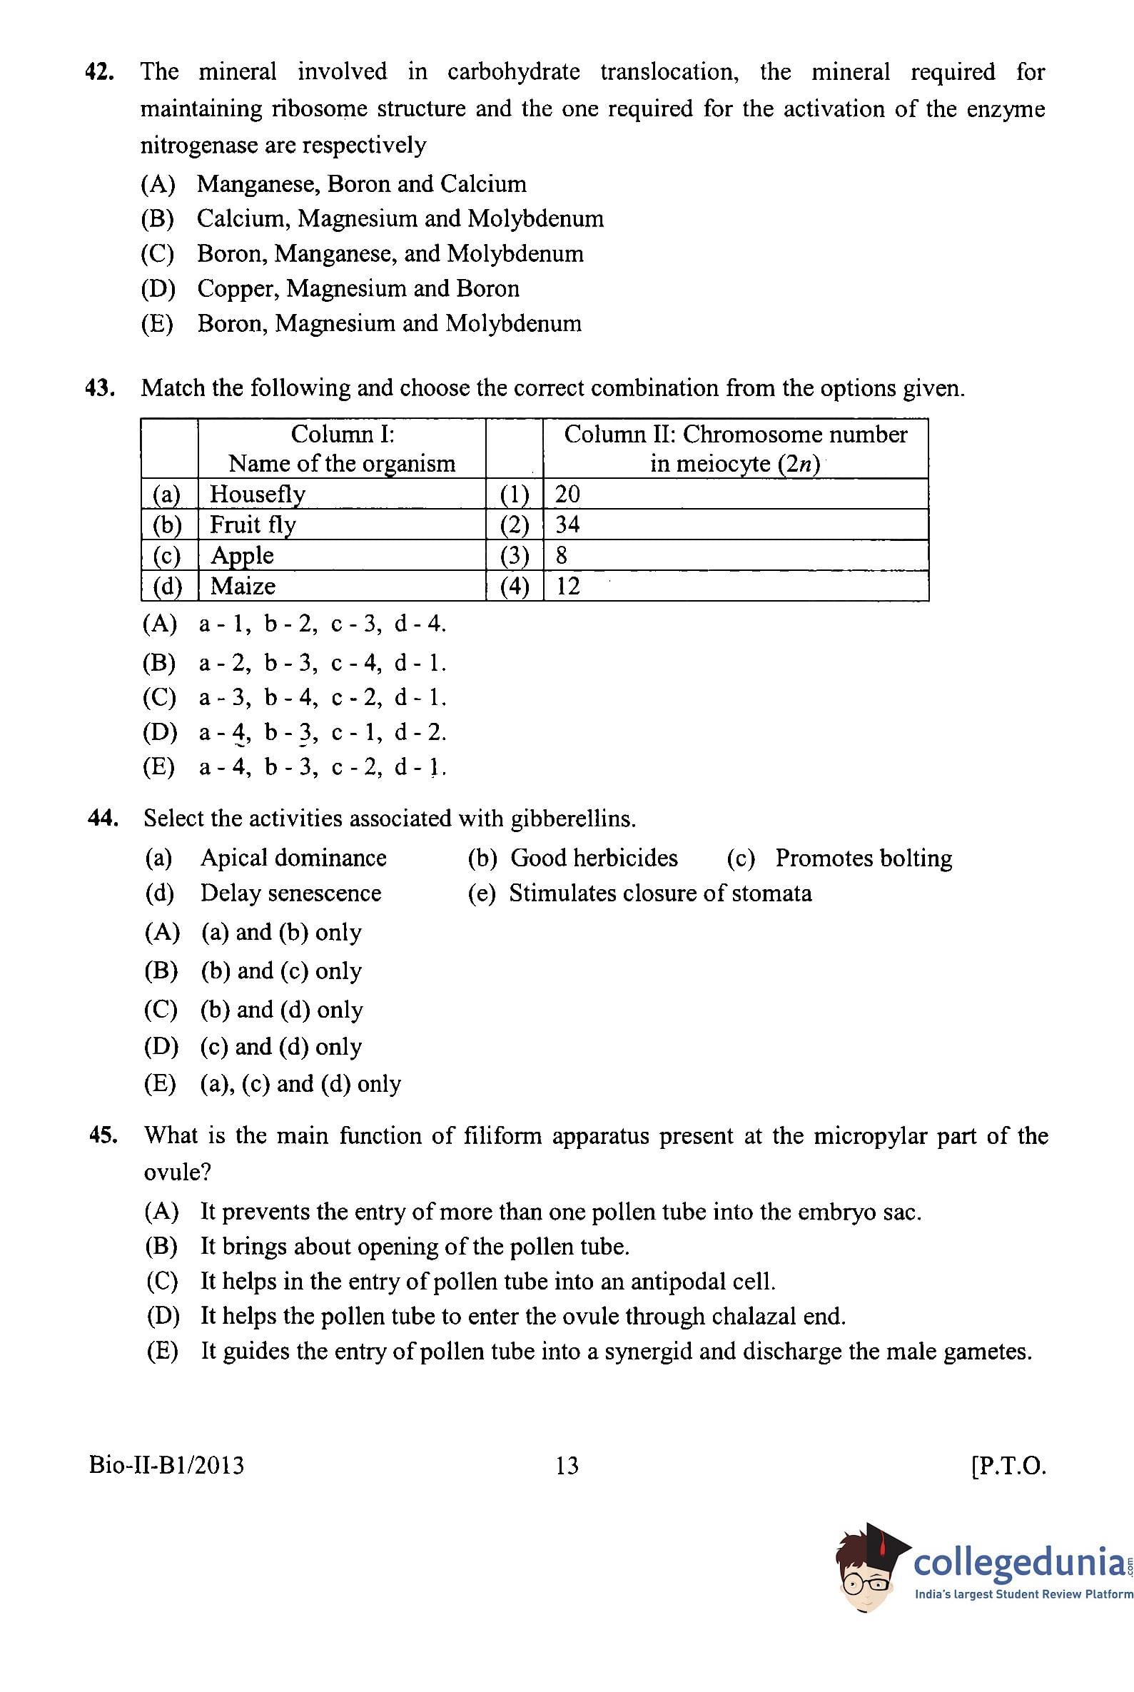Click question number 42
click(x=101, y=72)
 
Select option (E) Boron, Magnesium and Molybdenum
click(x=389, y=323)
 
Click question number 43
click(x=101, y=388)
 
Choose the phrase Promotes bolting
click(x=864, y=858)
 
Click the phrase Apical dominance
click(x=293, y=858)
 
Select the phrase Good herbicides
click(x=594, y=858)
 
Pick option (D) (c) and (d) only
click(x=280, y=1046)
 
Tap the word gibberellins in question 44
click(x=573, y=819)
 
